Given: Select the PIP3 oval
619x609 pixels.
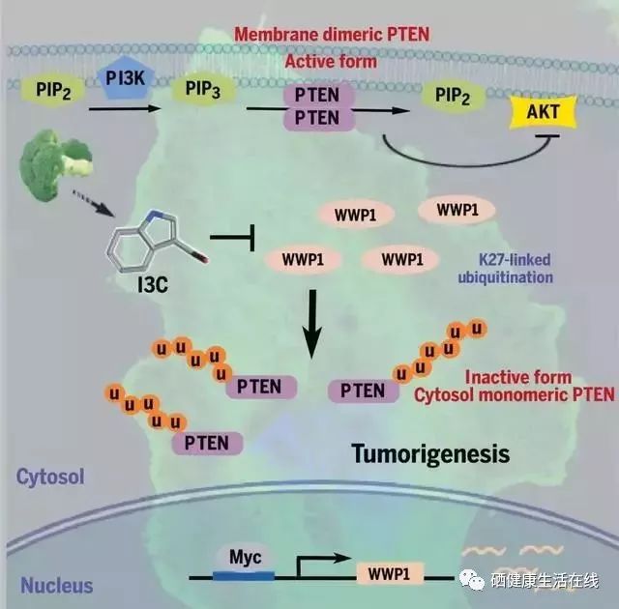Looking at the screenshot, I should coord(192,93).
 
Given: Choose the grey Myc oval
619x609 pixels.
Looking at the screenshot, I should coord(239,558).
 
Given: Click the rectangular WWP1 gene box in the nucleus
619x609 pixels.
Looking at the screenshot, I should coord(390,573).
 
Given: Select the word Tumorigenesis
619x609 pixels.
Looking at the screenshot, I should coord(429,452).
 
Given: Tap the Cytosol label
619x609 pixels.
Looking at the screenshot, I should coord(49,476).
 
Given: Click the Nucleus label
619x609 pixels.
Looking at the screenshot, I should coord(57,585).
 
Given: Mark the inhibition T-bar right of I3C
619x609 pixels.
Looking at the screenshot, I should coord(232,236).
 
